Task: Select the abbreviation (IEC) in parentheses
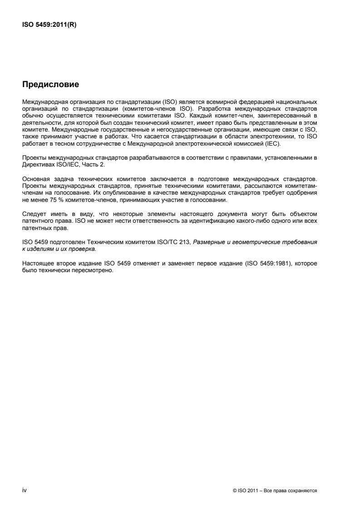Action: (x=275, y=144)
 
